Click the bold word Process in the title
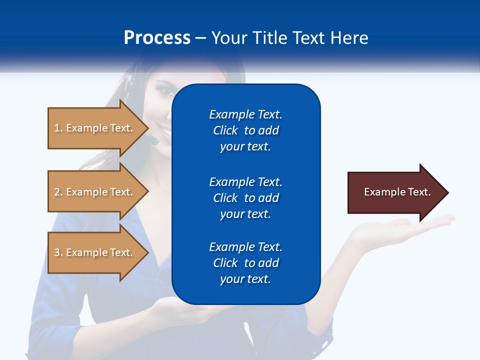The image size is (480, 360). click(157, 38)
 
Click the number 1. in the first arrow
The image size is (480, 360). click(58, 128)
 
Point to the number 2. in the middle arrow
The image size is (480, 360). click(58, 192)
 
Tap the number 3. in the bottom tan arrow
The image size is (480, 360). click(58, 252)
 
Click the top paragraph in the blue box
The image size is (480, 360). click(245, 130)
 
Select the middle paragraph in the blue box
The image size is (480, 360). click(245, 198)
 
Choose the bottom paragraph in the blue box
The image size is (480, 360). click(245, 263)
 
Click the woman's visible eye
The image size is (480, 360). click(164, 92)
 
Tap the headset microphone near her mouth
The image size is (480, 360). click(154, 140)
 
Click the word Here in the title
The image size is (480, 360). click(350, 38)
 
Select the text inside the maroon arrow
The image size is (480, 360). click(397, 192)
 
